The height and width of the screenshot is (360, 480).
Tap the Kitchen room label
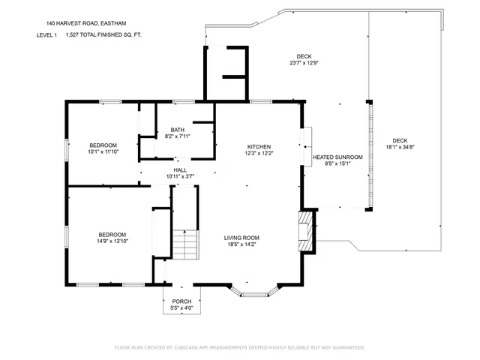[x=259, y=147]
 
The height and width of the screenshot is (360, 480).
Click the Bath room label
[x=178, y=130]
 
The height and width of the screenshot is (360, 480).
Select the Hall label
[x=180, y=170]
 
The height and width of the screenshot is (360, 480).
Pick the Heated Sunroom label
[x=337, y=157]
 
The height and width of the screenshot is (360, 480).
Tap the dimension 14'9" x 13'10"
[x=112, y=241]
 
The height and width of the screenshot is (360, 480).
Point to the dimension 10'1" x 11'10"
[x=103, y=152]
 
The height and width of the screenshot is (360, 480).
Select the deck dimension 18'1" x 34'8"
[x=400, y=147]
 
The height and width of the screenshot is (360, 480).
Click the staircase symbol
[x=185, y=244]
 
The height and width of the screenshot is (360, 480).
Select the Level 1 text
[x=46, y=34]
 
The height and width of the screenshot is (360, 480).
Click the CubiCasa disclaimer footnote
[x=239, y=347]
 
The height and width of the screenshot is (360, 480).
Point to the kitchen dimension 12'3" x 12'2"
[x=259, y=154]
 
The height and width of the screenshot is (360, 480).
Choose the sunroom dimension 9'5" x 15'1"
[x=337, y=163]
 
